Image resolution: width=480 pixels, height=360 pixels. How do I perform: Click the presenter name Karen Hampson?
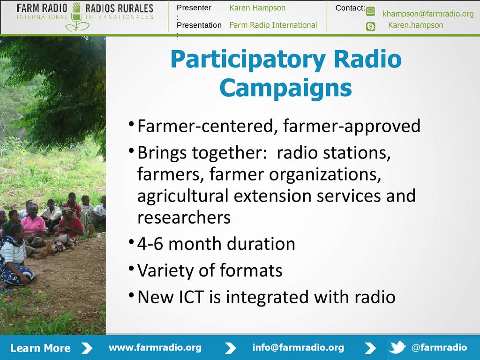click(x=257, y=8)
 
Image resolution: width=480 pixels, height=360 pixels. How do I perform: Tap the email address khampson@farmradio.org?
click(x=427, y=14)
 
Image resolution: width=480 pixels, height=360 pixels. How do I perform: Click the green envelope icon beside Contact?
click(x=370, y=12)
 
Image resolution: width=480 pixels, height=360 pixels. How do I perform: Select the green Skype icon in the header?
click(x=370, y=27)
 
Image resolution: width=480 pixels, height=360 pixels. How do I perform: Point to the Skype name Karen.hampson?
click(x=415, y=25)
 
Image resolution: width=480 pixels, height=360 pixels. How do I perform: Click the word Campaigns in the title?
click(x=285, y=88)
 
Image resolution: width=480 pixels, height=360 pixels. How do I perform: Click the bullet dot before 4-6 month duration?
click(x=131, y=242)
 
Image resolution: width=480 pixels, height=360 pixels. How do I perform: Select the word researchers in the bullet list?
click(x=184, y=217)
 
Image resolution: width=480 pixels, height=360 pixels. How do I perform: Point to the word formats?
click(x=251, y=270)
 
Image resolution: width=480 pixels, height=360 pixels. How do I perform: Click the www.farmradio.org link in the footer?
click(x=155, y=347)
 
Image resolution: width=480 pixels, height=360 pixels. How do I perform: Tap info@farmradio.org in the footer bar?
click(x=298, y=347)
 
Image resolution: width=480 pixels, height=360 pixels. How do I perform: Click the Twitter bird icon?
click(x=397, y=347)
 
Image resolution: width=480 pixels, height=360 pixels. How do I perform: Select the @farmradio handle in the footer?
click(x=439, y=347)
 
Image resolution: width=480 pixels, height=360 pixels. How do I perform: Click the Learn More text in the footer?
click(x=40, y=348)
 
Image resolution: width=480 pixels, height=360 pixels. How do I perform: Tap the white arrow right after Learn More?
click(x=87, y=348)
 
